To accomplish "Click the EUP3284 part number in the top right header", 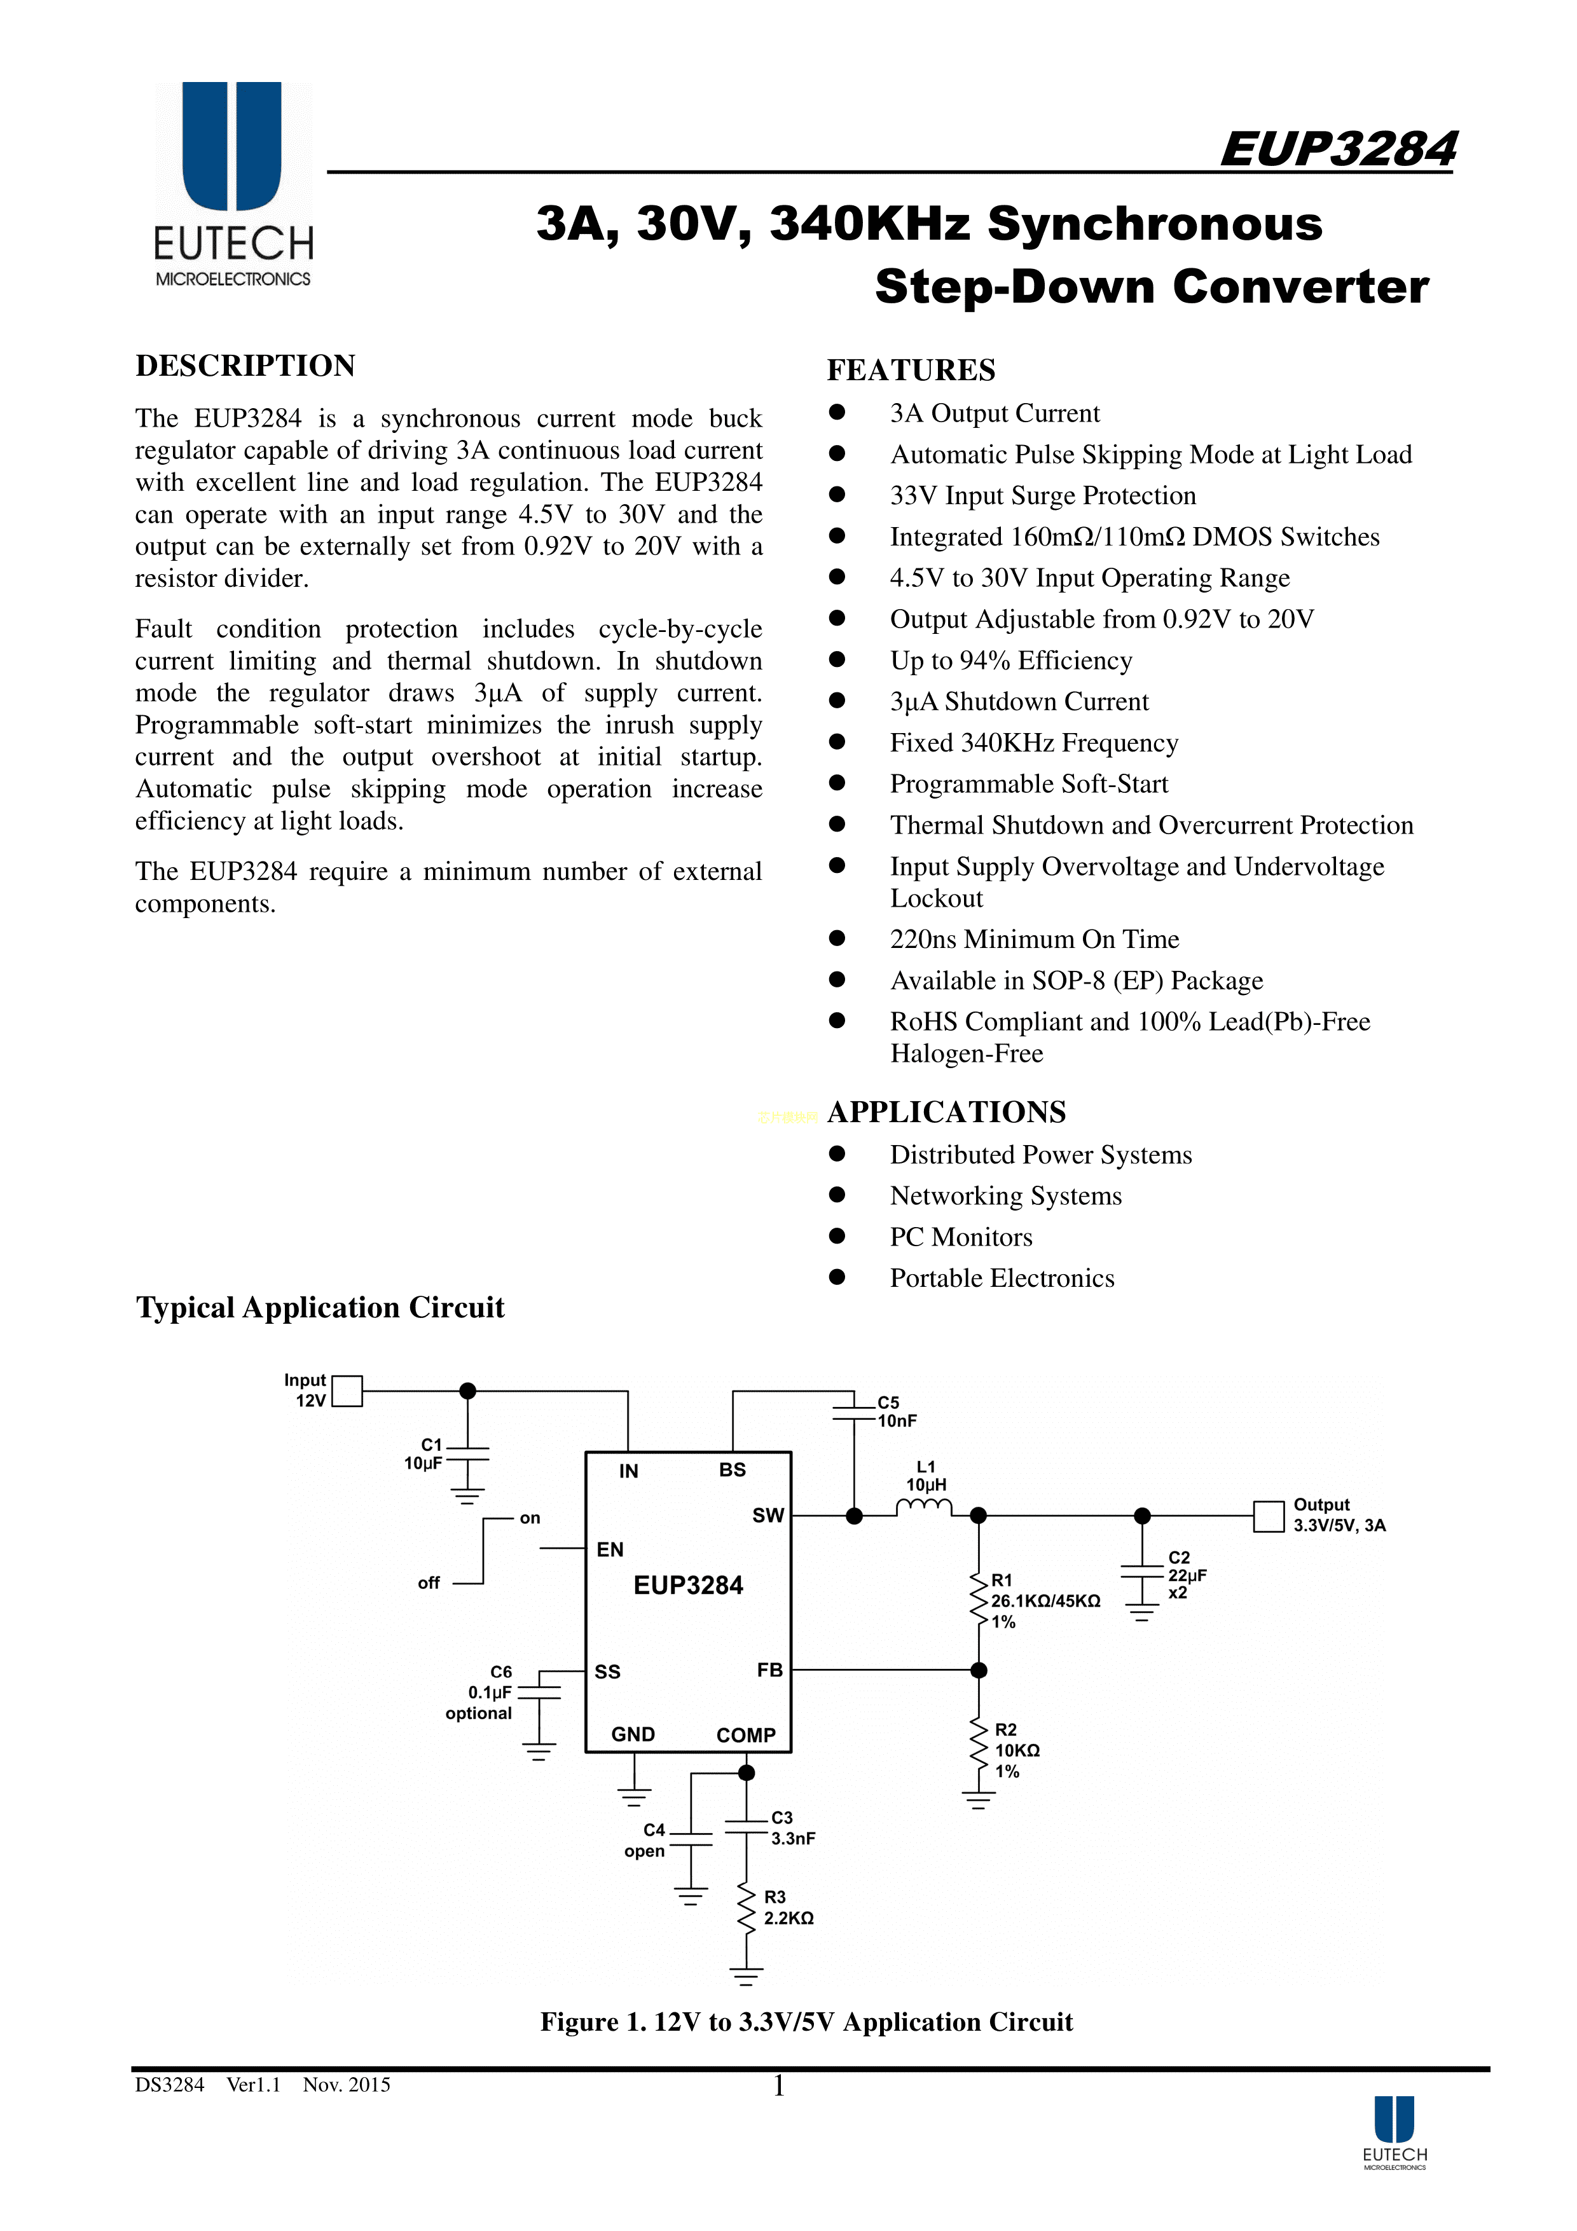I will click(x=1337, y=149).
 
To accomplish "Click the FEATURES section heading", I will click(x=911, y=370).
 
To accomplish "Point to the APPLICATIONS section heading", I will click(x=946, y=1111).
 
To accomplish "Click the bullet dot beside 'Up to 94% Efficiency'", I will click(x=837, y=660).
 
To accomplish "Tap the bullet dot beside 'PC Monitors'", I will click(x=837, y=1236).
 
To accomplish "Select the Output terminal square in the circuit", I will click(x=1268, y=1516).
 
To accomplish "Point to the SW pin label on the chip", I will click(x=768, y=1516).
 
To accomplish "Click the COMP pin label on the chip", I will click(x=745, y=1736).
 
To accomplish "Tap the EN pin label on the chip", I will click(x=610, y=1549).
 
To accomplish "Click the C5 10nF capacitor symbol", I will click(x=854, y=1412).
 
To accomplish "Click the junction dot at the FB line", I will click(x=979, y=1670).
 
